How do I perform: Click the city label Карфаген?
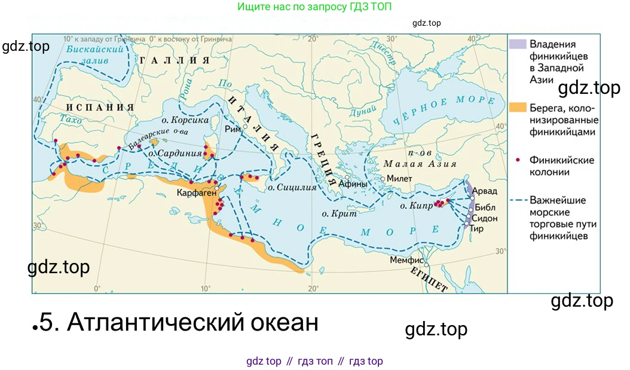(x=195, y=194)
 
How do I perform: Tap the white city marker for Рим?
(x=245, y=127)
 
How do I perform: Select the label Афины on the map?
(x=353, y=184)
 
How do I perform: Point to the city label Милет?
(x=399, y=179)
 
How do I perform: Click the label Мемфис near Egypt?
(x=406, y=261)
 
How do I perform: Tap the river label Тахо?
(x=71, y=120)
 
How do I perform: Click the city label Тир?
(x=476, y=228)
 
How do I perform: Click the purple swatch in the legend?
(x=518, y=44)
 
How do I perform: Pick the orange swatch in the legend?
(x=518, y=108)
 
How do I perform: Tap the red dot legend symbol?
(x=518, y=160)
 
